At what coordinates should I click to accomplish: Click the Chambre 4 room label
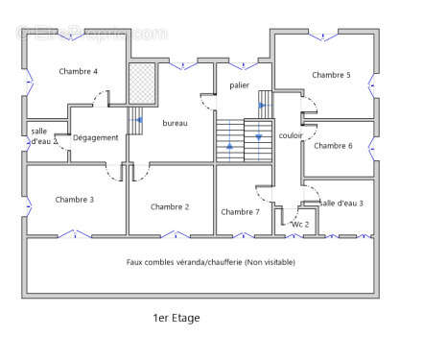tap(78, 71)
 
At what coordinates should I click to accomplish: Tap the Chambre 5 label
tap(331, 75)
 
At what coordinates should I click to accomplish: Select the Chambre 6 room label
tap(333, 146)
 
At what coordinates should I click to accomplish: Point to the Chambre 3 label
tap(74, 200)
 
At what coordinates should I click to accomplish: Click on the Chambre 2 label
tap(170, 206)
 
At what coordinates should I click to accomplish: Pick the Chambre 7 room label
tap(240, 212)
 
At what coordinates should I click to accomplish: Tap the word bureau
tap(175, 123)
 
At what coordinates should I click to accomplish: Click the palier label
tap(239, 85)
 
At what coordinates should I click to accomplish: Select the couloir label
tap(291, 135)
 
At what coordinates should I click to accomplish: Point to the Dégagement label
tap(96, 137)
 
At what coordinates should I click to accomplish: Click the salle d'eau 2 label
tap(43, 136)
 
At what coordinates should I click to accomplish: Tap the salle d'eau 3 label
tap(342, 203)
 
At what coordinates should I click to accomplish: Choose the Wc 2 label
tap(299, 224)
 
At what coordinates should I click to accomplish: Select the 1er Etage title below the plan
tap(176, 318)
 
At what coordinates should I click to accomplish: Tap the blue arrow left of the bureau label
tap(140, 120)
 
